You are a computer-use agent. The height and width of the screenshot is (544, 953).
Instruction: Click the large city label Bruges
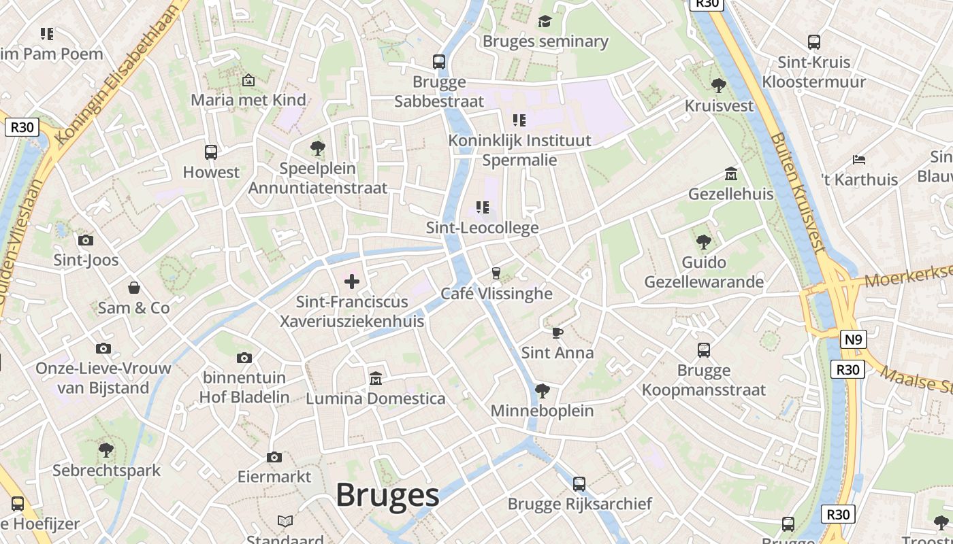pyautogui.click(x=387, y=495)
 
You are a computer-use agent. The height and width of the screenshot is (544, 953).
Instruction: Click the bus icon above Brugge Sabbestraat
pyautogui.click(x=439, y=62)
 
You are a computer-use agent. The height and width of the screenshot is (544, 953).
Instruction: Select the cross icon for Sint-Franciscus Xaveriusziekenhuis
pyautogui.click(x=352, y=281)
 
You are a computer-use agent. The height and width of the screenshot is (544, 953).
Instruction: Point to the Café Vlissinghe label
pyautogui.click(x=496, y=293)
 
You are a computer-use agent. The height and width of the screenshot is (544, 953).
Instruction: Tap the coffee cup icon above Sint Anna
pyautogui.click(x=558, y=333)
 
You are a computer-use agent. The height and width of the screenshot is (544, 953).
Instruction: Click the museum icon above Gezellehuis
pyautogui.click(x=731, y=174)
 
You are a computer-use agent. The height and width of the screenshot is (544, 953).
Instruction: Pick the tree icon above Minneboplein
pyautogui.click(x=543, y=391)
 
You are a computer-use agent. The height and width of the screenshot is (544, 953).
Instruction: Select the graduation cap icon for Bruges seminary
pyautogui.click(x=545, y=22)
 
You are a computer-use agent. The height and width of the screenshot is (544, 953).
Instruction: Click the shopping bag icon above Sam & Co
pyautogui.click(x=134, y=288)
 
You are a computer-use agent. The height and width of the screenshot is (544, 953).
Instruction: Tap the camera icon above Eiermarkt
pyautogui.click(x=274, y=457)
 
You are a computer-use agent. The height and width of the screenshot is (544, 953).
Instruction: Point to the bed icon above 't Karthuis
pyautogui.click(x=859, y=160)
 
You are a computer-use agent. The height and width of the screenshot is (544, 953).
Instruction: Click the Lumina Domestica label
pyautogui.click(x=375, y=398)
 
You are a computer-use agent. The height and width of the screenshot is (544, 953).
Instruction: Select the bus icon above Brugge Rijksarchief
pyautogui.click(x=579, y=484)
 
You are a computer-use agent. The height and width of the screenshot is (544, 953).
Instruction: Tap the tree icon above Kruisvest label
pyautogui.click(x=718, y=86)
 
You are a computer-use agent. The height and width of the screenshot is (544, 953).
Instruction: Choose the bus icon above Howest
pyautogui.click(x=211, y=152)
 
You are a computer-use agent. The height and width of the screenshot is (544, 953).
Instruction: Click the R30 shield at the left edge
pyautogui.click(x=22, y=127)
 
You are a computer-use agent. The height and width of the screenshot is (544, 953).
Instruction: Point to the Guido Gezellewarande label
pyautogui.click(x=704, y=272)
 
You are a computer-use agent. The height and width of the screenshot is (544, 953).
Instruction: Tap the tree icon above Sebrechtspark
pyautogui.click(x=106, y=450)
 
